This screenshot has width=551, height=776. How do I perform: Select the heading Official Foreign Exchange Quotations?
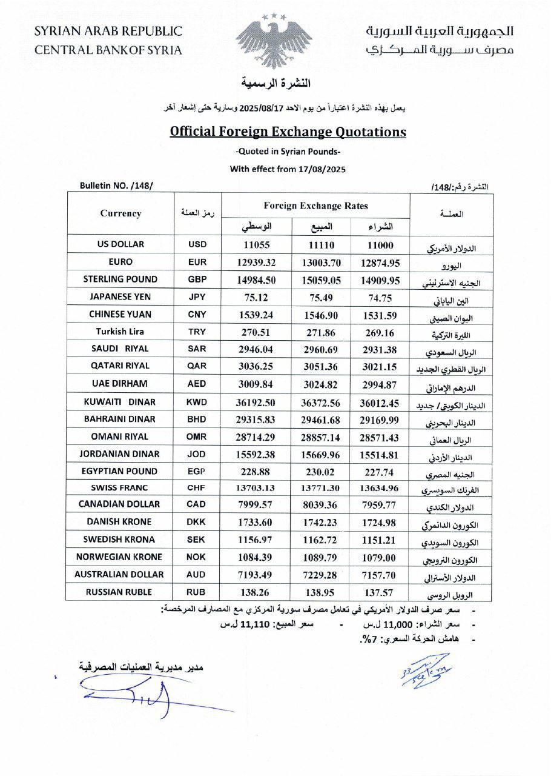pos(288,132)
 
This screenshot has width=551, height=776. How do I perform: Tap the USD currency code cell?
pos(197,244)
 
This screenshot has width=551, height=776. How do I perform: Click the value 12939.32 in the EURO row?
pos(257,262)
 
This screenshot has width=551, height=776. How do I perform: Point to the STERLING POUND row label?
pos(120,279)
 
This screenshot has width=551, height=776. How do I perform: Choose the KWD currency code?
pos(197,402)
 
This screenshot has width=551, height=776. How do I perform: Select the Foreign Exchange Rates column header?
pos(315,206)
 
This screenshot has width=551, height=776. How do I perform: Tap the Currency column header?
pos(120,213)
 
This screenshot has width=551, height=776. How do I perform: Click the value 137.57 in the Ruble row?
pos(380,592)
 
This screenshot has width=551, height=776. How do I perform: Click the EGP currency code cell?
pos(197,471)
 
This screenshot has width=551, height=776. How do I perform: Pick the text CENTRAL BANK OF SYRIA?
pos(108,50)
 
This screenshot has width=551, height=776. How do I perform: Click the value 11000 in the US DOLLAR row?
pos(380,245)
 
